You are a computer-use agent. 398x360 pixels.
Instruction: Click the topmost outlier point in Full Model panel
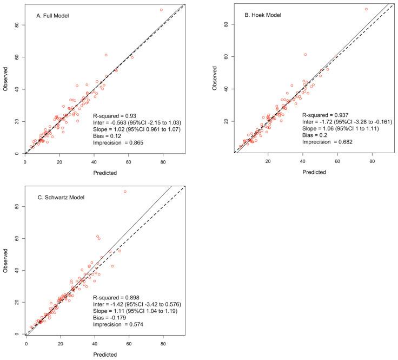(161, 10)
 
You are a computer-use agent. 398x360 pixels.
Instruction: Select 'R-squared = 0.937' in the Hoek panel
(327, 115)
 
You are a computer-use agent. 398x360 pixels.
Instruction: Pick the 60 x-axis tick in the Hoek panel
(337, 161)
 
